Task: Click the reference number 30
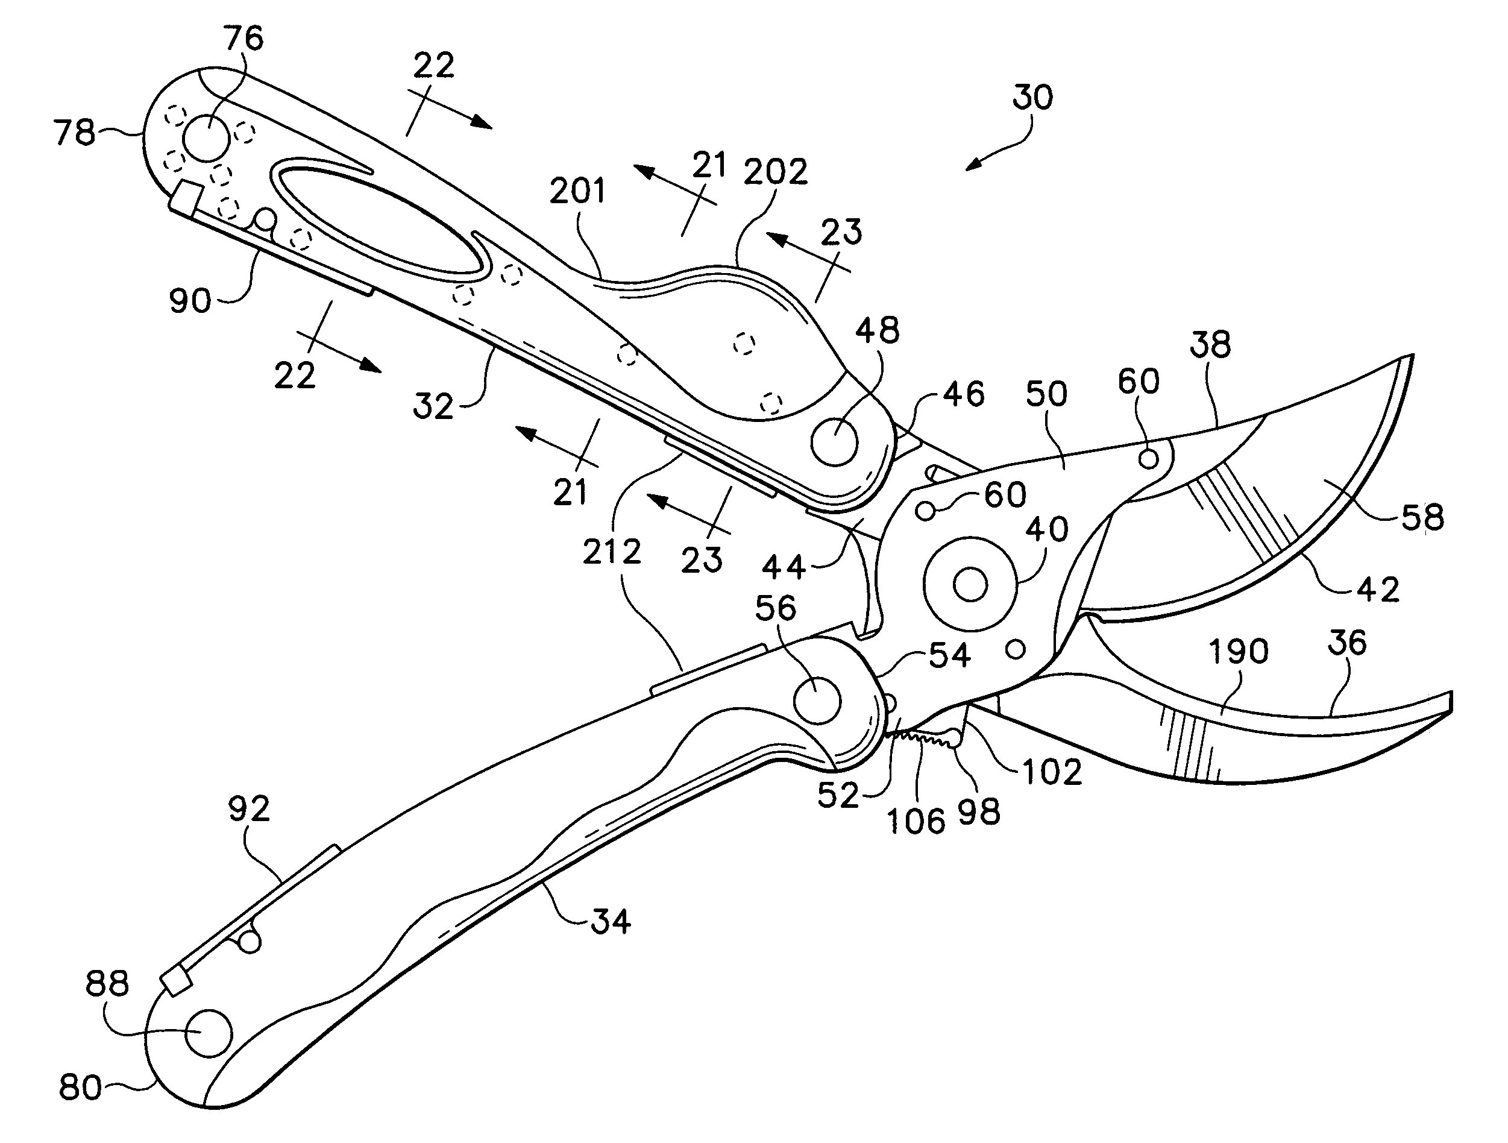tap(1032, 98)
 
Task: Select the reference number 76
tap(243, 39)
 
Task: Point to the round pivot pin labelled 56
tap(817, 701)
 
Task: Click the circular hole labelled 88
tap(209, 1033)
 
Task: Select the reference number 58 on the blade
tap(1423, 518)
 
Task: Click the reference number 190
tap(1238, 652)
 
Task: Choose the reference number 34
tap(610, 921)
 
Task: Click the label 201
tap(577, 191)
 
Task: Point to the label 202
tap(776, 172)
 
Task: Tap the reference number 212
tap(612, 552)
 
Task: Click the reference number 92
tap(249, 809)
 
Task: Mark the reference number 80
tap(80, 1087)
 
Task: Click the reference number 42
tap(1378, 588)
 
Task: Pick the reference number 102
tap(1052, 773)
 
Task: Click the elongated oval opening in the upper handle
tap(379, 218)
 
